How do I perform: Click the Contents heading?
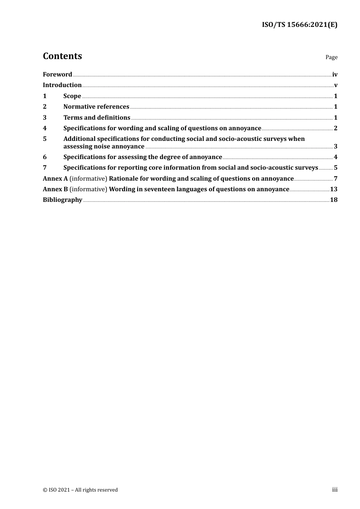point(62,56)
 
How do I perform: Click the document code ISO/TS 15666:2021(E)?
point(299,25)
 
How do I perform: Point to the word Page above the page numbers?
point(331,57)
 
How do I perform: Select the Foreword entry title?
point(57,75)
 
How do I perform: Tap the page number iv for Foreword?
point(335,75)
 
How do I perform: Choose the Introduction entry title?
point(62,85)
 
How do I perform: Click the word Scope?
point(72,96)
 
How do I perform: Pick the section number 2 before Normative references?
point(45,107)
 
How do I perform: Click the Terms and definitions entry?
point(97,118)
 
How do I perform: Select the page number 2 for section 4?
point(335,128)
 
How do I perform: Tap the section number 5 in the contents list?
point(45,139)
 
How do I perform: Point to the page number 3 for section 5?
point(335,147)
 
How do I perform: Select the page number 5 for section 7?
point(335,168)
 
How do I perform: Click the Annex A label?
point(55,179)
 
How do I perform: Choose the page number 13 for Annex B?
point(333,189)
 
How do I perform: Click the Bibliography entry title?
point(63,200)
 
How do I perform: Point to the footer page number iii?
point(335,490)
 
